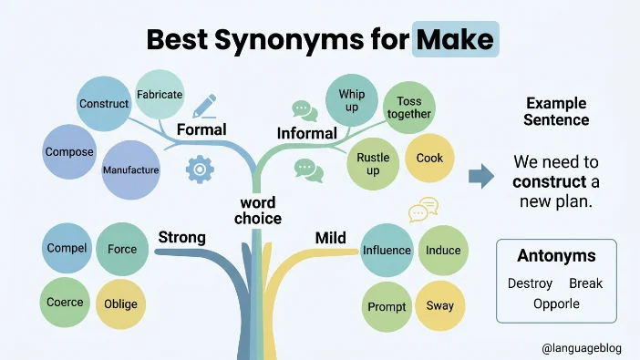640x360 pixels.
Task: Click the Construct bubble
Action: point(104,104)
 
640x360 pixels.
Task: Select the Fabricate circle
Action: point(160,94)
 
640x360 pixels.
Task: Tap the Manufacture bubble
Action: point(130,170)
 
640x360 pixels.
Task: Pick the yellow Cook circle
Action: point(429,158)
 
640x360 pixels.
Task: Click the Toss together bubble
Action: point(409,108)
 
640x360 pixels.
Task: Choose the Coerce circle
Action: point(65,302)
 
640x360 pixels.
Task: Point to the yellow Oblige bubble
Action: point(121,304)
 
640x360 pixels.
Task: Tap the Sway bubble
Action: point(440,305)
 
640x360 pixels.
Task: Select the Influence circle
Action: point(387,251)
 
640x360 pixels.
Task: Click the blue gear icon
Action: point(200,169)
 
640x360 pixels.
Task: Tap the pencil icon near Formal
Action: point(204,106)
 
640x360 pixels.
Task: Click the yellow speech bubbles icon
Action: point(424,210)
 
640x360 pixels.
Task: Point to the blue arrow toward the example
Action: point(481,176)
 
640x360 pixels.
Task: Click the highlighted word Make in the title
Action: point(455,39)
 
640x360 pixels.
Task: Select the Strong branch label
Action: point(181,237)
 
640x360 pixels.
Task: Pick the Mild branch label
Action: point(331,238)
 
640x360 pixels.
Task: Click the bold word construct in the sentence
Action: point(550,181)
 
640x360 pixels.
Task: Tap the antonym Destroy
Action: point(530,283)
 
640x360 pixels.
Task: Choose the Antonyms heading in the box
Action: point(556,256)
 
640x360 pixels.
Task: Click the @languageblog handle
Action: point(582,348)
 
